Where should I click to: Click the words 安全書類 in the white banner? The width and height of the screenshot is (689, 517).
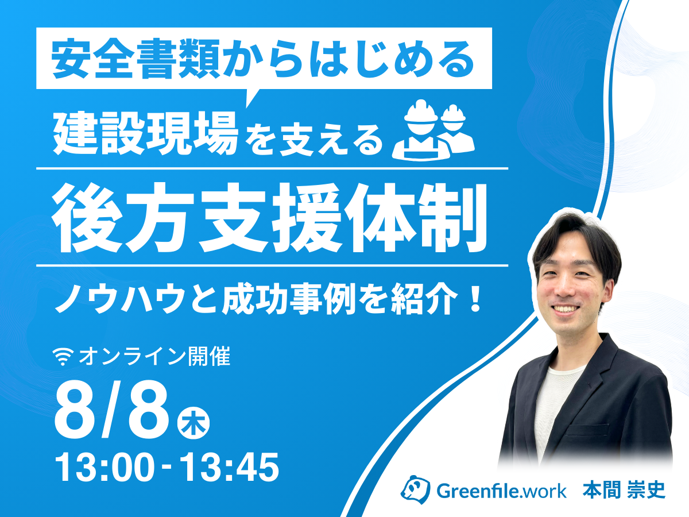(x=136, y=59)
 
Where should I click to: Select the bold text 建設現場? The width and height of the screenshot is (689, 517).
(x=146, y=134)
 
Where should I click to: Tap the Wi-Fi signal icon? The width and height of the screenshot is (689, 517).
(x=63, y=357)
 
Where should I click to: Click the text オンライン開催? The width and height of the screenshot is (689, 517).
(x=155, y=356)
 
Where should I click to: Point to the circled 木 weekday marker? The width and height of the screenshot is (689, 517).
(x=193, y=424)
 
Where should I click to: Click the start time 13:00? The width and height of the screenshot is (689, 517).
(x=105, y=468)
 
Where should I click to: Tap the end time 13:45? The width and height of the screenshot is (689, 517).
(x=230, y=468)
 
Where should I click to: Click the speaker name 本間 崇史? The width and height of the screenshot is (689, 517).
(x=624, y=491)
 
